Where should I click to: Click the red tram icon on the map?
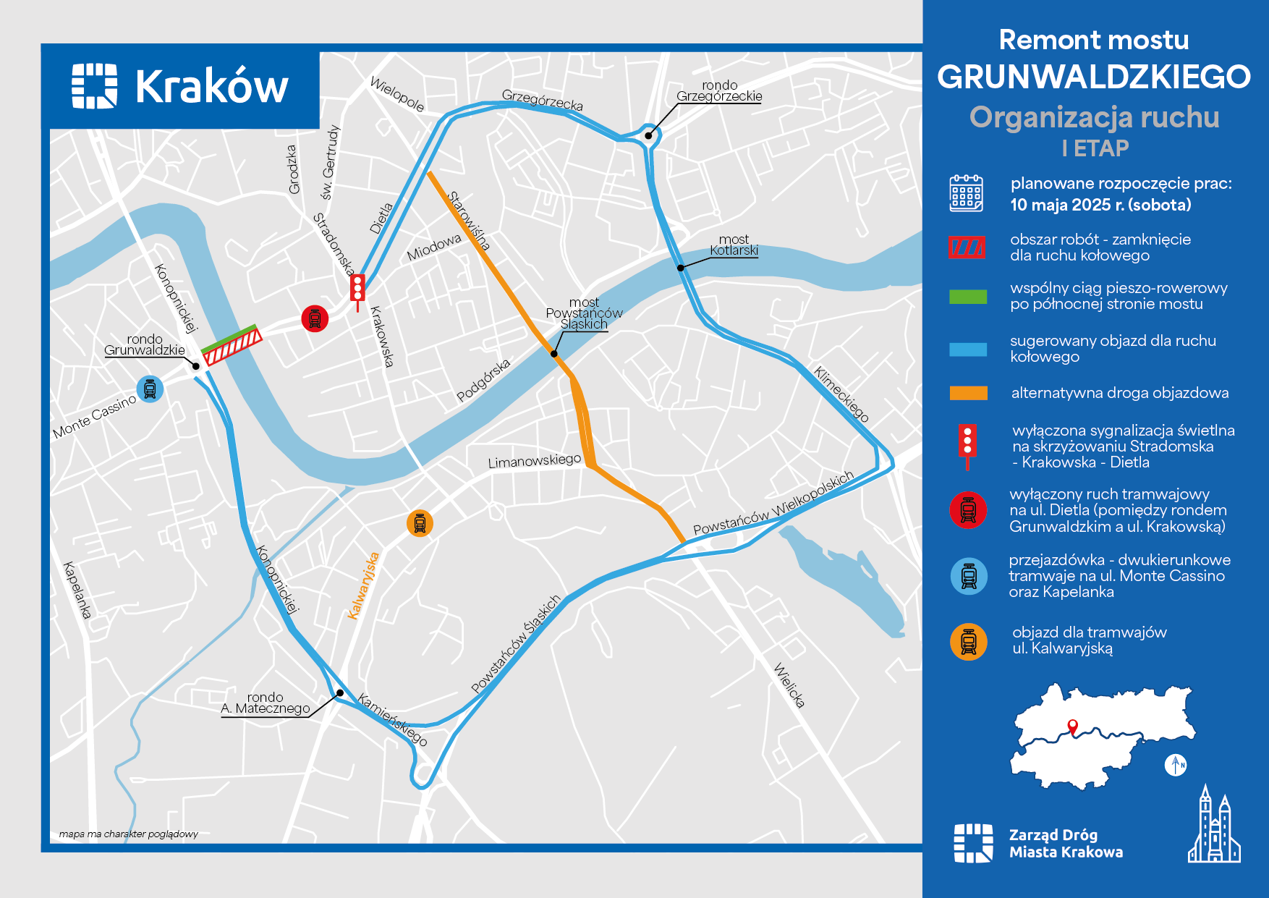pos(315,318)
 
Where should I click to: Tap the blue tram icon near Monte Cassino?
pos(150,389)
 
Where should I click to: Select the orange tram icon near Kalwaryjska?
pos(420,522)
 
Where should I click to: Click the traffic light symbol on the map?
pos(357,289)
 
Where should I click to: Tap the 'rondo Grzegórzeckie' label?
pos(719,91)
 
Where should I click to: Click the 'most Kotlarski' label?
pos(734,245)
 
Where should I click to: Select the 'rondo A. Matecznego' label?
pos(266,703)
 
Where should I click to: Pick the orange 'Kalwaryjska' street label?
pos(363,586)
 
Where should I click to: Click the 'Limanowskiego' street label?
pos(534,461)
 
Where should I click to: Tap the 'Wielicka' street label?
pos(789,685)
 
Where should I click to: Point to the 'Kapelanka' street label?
pos(77,590)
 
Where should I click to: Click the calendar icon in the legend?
pos(966,193)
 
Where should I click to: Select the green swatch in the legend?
pos(968,297)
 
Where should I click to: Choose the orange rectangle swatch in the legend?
pos(968,393)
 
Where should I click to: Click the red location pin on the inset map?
pos(1073,727)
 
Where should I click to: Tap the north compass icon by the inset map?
pos(1176,764)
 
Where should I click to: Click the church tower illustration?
pos(1214,826)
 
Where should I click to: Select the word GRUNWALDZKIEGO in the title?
pos(1093,77)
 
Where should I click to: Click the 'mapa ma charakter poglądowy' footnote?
pos(129,834)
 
